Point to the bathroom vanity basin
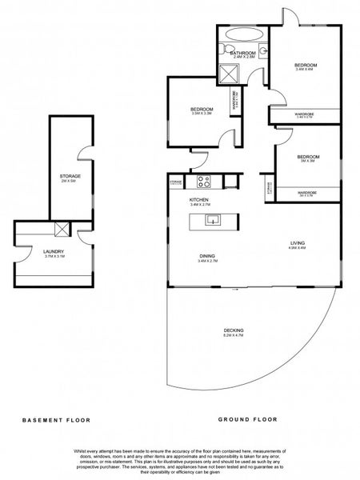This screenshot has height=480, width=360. (262, 50)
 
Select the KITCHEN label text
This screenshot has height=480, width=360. (198, 199)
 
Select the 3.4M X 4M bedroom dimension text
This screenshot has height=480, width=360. (306, 70)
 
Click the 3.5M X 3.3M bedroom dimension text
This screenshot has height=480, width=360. (201, 114)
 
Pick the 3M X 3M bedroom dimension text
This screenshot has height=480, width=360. (308, 161)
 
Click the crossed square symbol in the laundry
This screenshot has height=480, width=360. (62, 230)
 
